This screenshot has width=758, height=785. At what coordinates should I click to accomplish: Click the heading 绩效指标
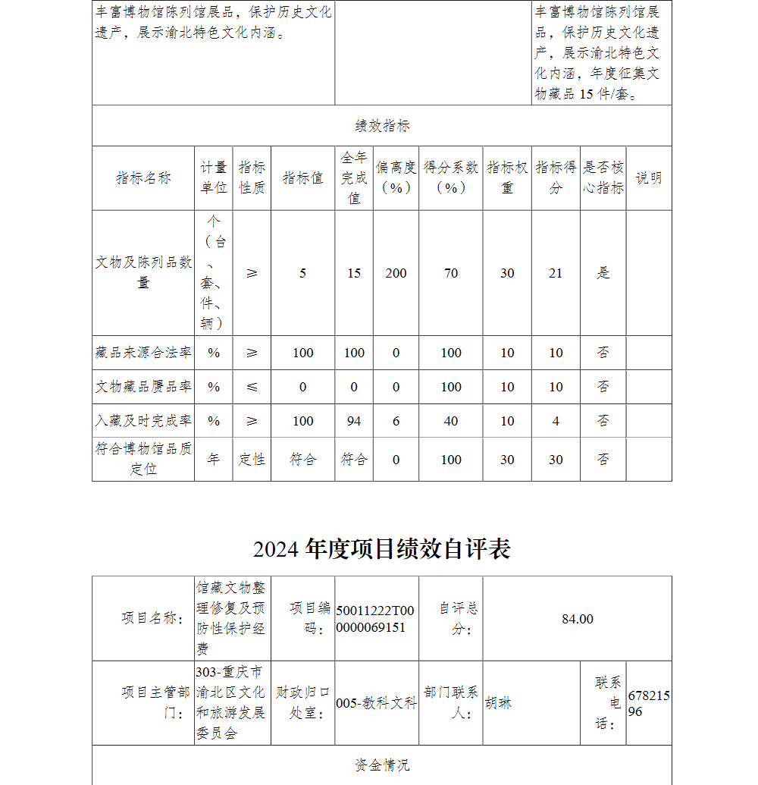pyautogui.click(x=382, y=126)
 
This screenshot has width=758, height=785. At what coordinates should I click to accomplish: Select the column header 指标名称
pyautogui.click(x=143, y=178)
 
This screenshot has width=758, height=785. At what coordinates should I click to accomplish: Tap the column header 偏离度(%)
pyautogui.click(x=396, y=178)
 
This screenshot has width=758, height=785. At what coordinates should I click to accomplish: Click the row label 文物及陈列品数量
pyautogui.click(x=143, y=272)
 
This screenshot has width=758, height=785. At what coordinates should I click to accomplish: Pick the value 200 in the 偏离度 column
pyautogui.click(x=396, y=273)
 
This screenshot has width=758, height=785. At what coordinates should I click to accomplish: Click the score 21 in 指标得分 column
pyautogui.click(x=556, y=273)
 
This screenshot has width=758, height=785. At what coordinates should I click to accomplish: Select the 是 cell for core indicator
pyautogui.click(x=603, y=273)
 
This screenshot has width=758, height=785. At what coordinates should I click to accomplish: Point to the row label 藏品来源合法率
pyautogui.click(x=143, y=353)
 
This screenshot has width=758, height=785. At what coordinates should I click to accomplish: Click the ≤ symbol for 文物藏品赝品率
pyautogui.click(x=252, y=387)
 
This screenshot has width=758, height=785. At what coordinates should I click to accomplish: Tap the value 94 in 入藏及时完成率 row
pyautogui.click(x=354, y=421)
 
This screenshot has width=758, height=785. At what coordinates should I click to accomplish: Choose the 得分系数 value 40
pyautogui.click(x=451, y=421)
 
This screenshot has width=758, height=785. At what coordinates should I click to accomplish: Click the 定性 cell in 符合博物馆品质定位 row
pyautogui.click(x=252, y=460)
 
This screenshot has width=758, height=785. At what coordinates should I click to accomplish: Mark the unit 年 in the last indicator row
pyautogui.click(x=214, y=460)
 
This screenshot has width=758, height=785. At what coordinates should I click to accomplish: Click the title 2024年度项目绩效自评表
pyautogui.click(x=382, y=548)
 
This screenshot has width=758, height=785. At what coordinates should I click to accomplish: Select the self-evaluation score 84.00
pyautogui.click(x=577, y=619)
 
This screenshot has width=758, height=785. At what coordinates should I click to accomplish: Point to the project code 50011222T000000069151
pyautogui.click(x=376, y=619)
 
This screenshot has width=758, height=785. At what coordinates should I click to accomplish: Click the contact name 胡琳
pyautogui.click(x=499, y=703)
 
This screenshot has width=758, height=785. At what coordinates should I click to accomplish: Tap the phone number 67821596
pyautogui.click(x=649, y=703)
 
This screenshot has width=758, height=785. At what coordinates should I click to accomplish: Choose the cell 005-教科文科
pyautogui.click(x=376, y=703)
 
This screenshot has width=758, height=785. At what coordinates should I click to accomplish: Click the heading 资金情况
pyautogui.click(x=382, y=765)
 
